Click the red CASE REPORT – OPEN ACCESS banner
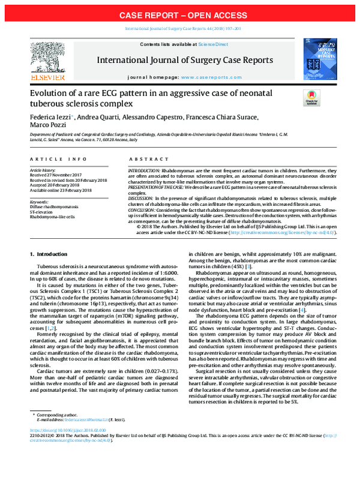pos(180,14)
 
